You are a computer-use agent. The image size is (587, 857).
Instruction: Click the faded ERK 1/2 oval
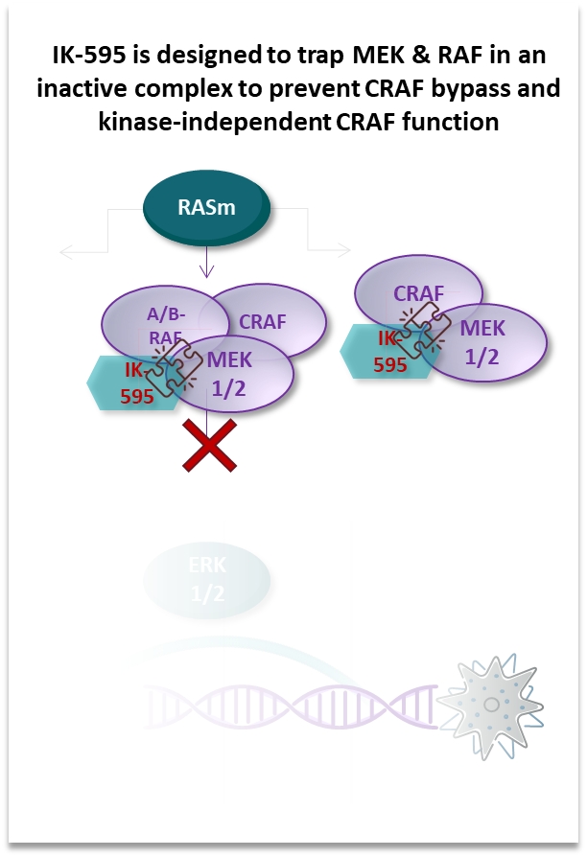(x=207, y=580)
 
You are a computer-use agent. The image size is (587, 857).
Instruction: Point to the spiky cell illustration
(x=491, y=704)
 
